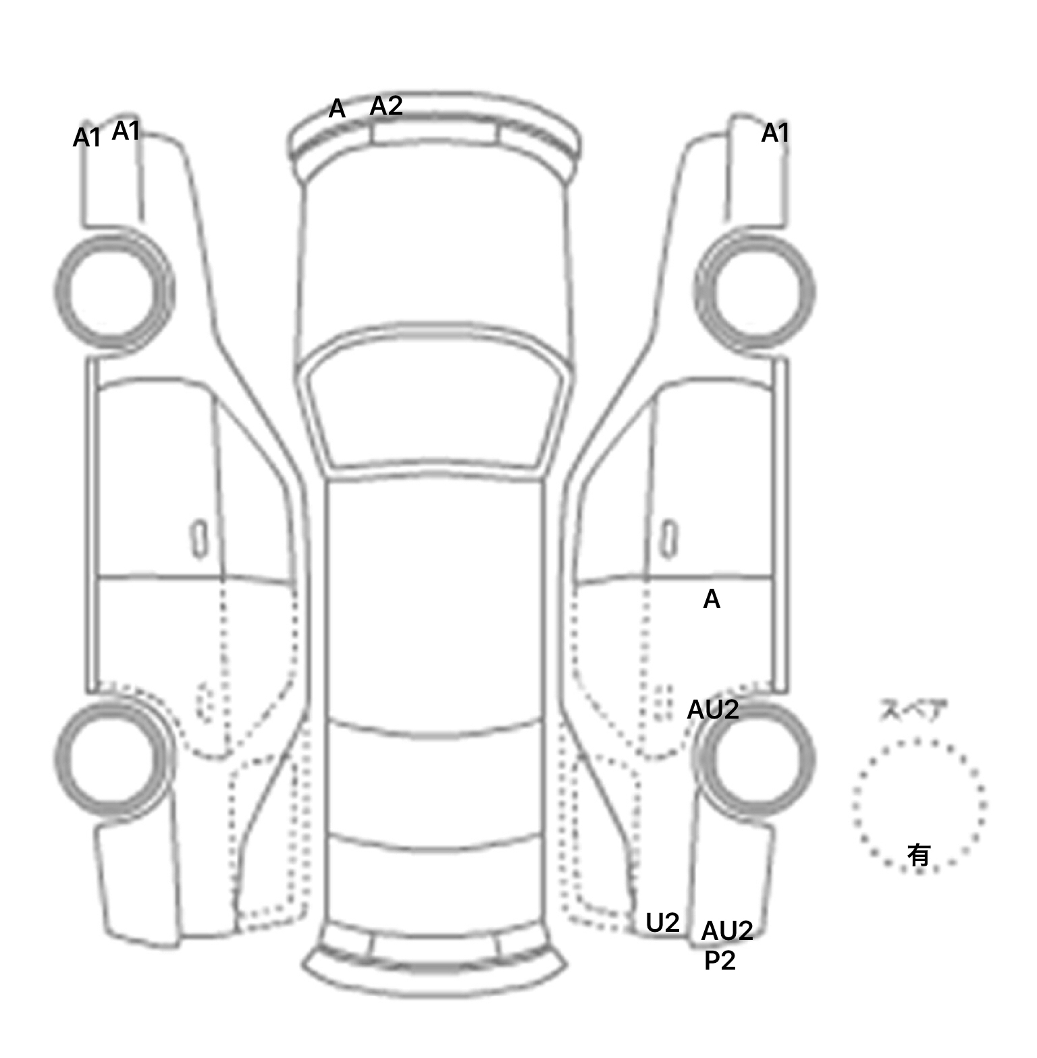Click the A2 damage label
pos(386,106)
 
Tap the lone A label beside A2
pos(337,109)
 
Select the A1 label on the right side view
pos(775,134)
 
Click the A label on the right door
pos(712,599)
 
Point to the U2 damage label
pos(662,922)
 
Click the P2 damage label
pos(720,961)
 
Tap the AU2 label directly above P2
pos(726,931)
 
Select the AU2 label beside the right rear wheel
pos(713,710)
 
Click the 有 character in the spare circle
pos(919,856)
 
